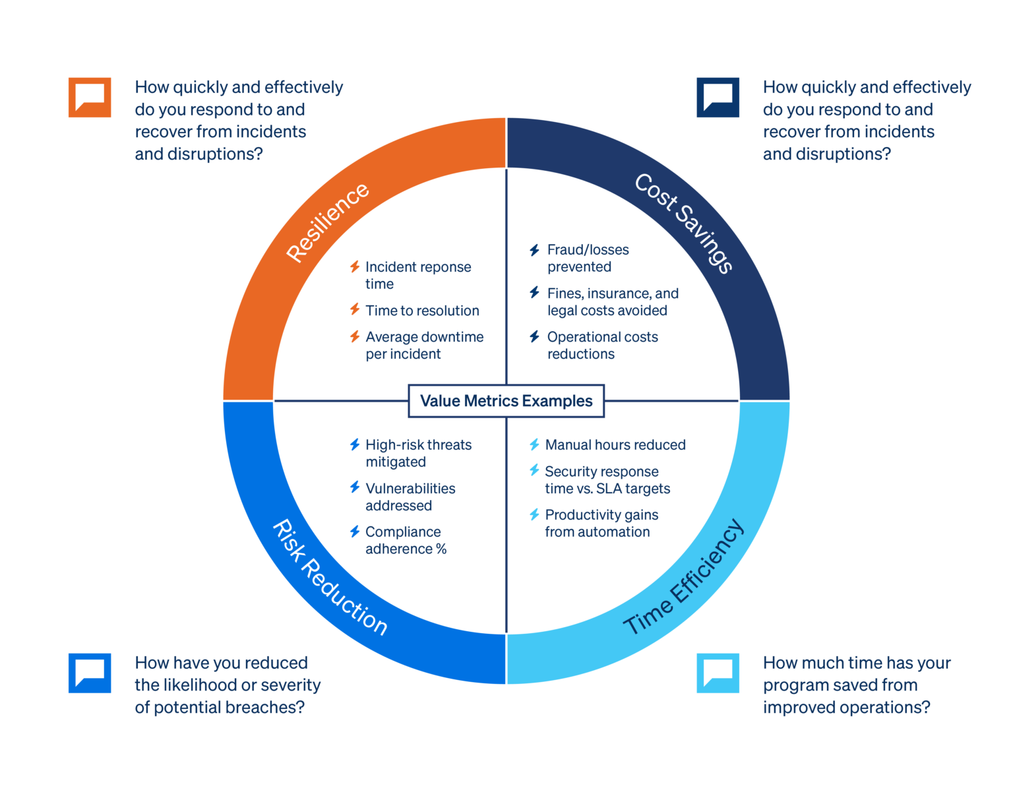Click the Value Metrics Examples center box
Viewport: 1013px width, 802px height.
506,401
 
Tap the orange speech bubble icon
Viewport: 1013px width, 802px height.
90,98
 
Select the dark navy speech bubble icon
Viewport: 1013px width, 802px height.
718,98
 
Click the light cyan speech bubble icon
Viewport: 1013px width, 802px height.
718,673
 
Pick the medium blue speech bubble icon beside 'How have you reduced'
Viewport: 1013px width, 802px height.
90,673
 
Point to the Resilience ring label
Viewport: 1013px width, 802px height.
328,222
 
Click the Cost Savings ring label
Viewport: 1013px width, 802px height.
684,223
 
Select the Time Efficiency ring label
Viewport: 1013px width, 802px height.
684,578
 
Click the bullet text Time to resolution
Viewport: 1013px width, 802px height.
422,311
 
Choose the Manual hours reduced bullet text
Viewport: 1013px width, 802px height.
615,445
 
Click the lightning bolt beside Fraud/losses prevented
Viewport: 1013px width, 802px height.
534,250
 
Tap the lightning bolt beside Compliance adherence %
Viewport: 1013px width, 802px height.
355,532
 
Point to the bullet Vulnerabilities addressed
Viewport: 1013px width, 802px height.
410,497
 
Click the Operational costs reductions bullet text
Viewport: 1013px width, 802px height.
602,345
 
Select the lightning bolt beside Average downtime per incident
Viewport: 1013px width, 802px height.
355,336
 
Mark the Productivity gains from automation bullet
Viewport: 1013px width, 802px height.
601,523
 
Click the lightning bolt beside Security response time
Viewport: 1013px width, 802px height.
534,470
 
